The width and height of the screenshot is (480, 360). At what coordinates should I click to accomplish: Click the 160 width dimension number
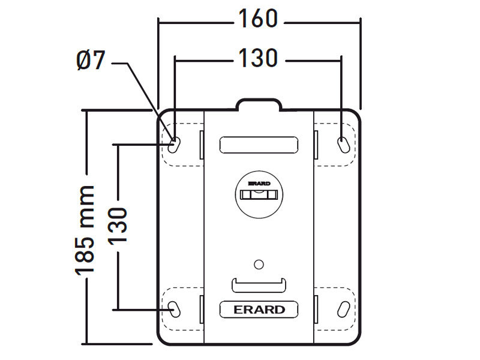click(258, 19)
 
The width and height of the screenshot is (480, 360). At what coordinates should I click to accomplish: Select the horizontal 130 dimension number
click(258, 58)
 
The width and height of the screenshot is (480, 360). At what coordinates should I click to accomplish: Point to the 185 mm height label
click(85, 230)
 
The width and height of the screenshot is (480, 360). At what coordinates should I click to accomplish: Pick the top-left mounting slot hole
click(174, 145)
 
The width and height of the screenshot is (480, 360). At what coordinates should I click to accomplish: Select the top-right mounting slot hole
click(343, 145)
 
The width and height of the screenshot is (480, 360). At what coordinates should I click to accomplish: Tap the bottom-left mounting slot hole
click(174, 310)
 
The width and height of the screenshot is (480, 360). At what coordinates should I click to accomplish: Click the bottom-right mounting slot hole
click(343, 310)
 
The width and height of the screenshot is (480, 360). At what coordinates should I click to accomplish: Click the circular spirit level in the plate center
click(259, 194)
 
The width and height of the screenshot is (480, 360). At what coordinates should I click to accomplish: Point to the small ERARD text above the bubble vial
click(259, 184)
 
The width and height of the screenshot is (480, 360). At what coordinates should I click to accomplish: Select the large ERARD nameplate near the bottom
click(259, 310)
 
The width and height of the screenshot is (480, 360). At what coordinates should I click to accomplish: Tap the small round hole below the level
click(259, 265)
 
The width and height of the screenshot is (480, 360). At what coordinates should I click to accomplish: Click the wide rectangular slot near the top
click(259, 145)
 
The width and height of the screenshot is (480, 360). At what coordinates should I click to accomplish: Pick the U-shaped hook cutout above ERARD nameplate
click(259, 286)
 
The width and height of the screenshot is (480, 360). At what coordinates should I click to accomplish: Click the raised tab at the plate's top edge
click(259, 104)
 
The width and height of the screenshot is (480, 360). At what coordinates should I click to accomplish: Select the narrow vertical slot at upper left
click(202, 145)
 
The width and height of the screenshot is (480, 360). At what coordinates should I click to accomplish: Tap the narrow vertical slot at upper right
click(316, 145)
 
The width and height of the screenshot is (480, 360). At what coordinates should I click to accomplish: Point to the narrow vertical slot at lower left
click(202, 310)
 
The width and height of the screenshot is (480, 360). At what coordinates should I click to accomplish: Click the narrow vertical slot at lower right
click(316, 310)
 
